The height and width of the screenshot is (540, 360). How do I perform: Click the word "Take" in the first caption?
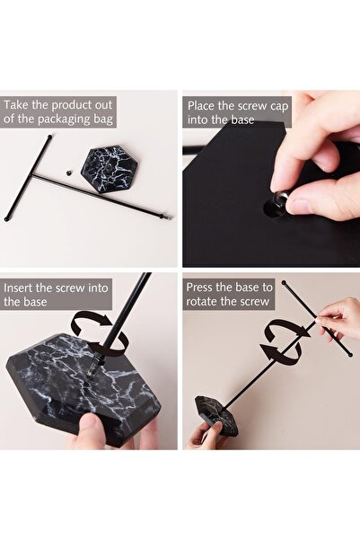point(16,105)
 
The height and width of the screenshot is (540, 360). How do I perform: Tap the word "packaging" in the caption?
point(65,120)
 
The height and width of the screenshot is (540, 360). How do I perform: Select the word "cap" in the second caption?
point(279,107)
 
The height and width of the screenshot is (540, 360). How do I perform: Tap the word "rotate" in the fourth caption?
point(202,301)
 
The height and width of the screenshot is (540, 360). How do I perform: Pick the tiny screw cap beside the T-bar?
point(69,172)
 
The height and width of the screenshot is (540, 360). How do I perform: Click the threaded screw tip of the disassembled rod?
point(167,217)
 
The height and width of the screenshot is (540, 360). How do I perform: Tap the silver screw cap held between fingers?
point(280,199)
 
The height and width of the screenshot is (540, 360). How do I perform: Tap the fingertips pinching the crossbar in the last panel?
point(319,319)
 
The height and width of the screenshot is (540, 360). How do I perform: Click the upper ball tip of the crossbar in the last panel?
point(284,283)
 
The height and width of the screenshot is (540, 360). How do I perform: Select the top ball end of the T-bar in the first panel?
point(50,137)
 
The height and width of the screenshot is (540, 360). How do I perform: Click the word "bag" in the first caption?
point(103,120)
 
